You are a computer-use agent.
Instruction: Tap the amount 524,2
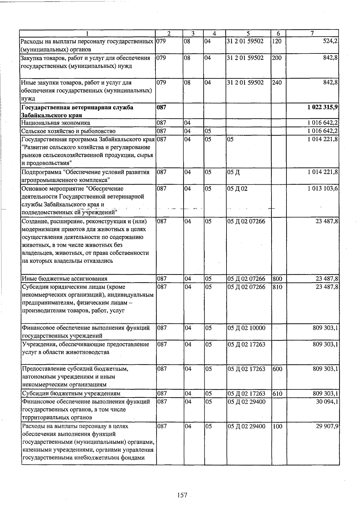pyautogui.click(x=331, y=41)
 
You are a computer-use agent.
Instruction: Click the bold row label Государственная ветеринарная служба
pyautogui.click(x=77, y=107)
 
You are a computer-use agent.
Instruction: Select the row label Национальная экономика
pyautogui.click(x=55, y=123)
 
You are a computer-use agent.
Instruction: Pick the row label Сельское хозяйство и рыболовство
pyautogui.click(x=68, y=131)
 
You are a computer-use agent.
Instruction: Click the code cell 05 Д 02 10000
pyautogui.click(x=246, y=328)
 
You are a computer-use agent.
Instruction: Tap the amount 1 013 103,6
pyautogui.click(x=323, y=189)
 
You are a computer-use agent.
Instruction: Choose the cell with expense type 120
pyautogui.click(x=277, y=41)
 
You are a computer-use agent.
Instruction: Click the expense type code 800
pyautogui.click(x=277, y=279)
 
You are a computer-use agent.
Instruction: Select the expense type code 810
pyautogui.click(x=277, y=287)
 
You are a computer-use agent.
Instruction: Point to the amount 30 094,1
pyautogui.click(x=327, y=401)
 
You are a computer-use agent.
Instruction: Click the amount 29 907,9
pyautogui.click(x=327, y=426)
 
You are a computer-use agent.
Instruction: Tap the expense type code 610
pyautogui.click(x=277, y=393)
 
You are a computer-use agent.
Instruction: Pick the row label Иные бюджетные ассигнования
pyautogui.click(x=64, y=279)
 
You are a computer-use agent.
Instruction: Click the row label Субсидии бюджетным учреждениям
pyautogui.click(x=71, y=393)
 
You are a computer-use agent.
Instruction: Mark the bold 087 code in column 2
pyautogui.click(x=162, y=107)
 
